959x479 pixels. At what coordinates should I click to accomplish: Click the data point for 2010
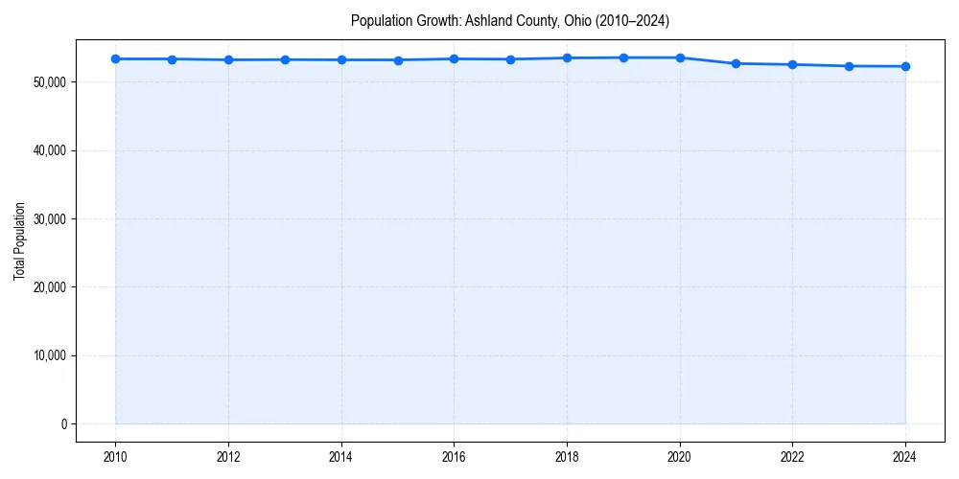(115, 58)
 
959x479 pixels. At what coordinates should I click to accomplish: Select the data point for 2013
(285, 59)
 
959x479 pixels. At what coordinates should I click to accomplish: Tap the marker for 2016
(455, 58)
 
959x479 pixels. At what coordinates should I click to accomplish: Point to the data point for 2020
(680, 57)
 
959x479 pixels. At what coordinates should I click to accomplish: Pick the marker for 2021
(737, 63)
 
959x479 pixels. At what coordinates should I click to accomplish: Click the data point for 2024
(905, 66)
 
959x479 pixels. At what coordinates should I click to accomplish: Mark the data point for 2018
(567, 57)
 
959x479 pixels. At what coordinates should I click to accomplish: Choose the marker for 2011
(172, 59)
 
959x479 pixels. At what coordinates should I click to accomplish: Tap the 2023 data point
(849, 66)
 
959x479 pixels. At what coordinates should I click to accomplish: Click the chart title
(510, 20)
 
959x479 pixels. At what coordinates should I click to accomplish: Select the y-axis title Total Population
(19, 240)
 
